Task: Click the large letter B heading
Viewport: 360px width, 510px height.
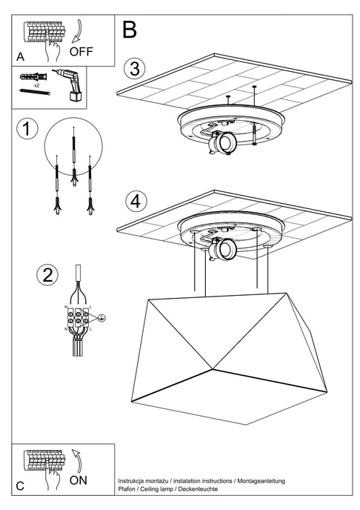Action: [x=130, y=30]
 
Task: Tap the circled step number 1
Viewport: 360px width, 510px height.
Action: [x=26, y=129]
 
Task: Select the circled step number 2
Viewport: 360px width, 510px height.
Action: [x=47, y=275]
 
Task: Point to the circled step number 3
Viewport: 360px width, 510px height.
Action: [x=133, y=68]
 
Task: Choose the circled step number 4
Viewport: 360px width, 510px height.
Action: [x=134, y=200]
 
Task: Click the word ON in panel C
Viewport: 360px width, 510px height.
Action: [x=79, y=480]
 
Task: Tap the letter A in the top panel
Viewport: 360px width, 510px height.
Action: [x=20, y=56]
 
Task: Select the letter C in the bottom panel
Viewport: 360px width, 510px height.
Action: [x=20, y=486]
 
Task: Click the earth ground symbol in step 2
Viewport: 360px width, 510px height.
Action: [x=102, y=319]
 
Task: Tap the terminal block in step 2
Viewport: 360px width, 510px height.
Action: [x=79, y=319]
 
